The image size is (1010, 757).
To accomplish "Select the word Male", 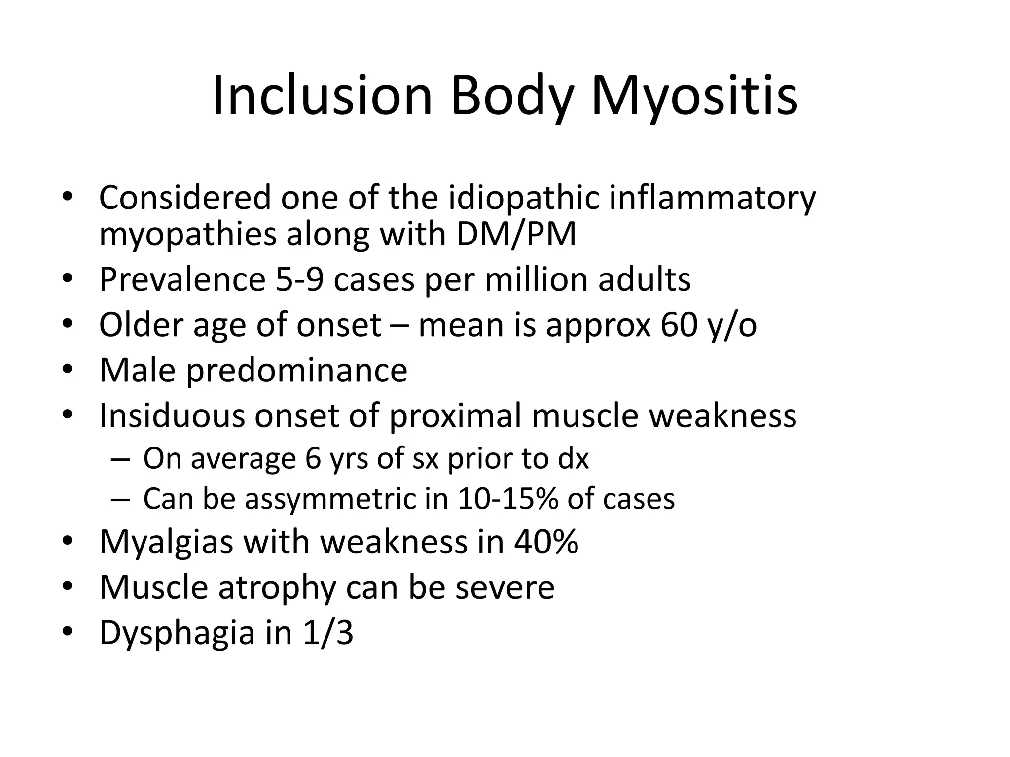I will (137, 370).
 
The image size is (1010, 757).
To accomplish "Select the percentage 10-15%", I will (507, 499).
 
